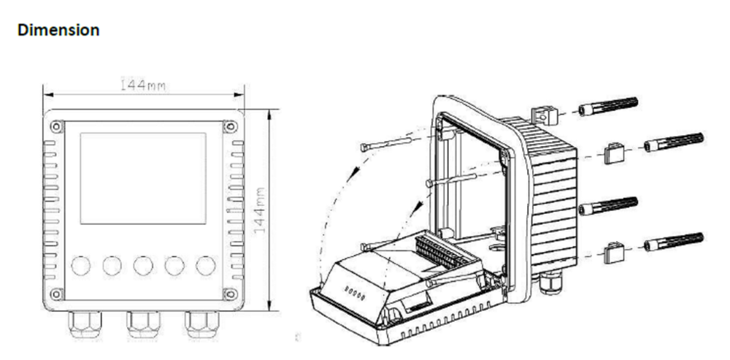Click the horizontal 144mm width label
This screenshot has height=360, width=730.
click(x=142, y=85)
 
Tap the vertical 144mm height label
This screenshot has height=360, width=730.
click(x=261, y=211)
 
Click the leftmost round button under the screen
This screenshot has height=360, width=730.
click(x=80, y=265)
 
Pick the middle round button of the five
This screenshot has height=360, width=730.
click(x=143, y=265)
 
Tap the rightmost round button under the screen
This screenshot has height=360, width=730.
click(x=206, y=265)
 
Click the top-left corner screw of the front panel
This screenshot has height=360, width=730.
click(x=55, y=126)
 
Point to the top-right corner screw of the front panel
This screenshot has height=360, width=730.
click(x=230, y=126)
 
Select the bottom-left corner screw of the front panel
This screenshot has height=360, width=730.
click(x=55, y=294)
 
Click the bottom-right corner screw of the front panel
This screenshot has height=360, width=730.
click(x=230, y=294)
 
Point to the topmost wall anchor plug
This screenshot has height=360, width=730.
click(x=607, y=106)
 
